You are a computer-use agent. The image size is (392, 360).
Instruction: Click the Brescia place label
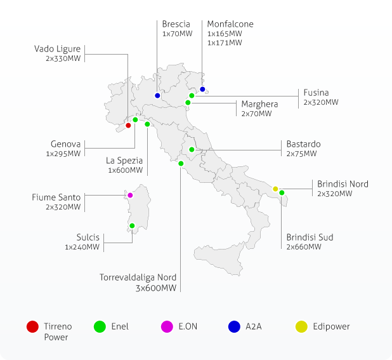(x=176, y=24)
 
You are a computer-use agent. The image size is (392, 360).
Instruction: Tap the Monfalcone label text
(x=230, y=24)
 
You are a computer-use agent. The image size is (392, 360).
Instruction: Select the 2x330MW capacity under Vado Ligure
(x=63, y=58)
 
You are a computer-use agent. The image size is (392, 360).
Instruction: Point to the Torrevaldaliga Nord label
(x=138, y=277)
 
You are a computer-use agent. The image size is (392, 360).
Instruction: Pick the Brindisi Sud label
(x=310, y=237)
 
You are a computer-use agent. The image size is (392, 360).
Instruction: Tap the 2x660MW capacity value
(x=304, y=247)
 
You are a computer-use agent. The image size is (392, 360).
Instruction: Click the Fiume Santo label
(x=56, y=197)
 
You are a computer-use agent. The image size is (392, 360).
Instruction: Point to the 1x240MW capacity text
(x=82, y=247)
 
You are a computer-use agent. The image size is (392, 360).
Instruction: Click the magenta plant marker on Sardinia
(x=130, y=196)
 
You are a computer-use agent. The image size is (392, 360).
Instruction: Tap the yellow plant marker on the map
(x=275, y=189)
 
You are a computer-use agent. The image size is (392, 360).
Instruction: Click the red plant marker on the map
(x=128, y=125)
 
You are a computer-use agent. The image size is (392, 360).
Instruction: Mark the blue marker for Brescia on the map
(x=157, y=96)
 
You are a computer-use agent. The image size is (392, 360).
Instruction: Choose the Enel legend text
(x=119, y=326)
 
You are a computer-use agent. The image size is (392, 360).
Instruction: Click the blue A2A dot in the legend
(x=235, y=327)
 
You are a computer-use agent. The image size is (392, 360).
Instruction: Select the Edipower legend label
(x=331, y=326)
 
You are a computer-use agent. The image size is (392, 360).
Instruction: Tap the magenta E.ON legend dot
(x=167, y=327)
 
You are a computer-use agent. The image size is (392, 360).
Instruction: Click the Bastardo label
(x=303, y=144)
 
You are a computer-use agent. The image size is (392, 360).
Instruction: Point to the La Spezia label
(x=124, y=161)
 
